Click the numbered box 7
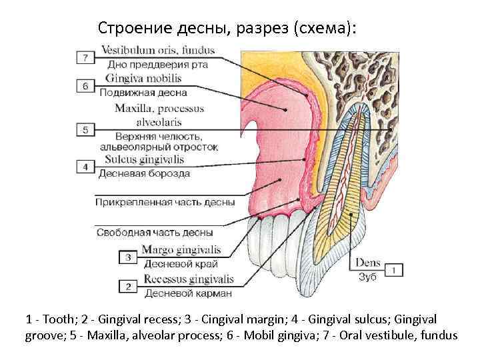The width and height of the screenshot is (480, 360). coord(86,57)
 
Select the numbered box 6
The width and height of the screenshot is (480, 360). coord(86,86)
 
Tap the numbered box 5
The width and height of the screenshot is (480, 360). coord(86,129)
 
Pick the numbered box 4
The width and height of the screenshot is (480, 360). coord(86,167)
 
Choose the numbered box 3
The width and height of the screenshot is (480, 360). coord(128,257)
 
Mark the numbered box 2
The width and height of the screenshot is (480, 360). coord(128,286)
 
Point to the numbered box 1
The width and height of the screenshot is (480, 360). coord(393,270)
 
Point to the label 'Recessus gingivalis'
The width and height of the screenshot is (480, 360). coord(189,279)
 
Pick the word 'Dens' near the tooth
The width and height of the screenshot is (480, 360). coord(368,263)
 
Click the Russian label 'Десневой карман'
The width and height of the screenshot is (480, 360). coord(188,292)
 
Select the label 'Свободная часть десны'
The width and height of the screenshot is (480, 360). coord(155,233)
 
